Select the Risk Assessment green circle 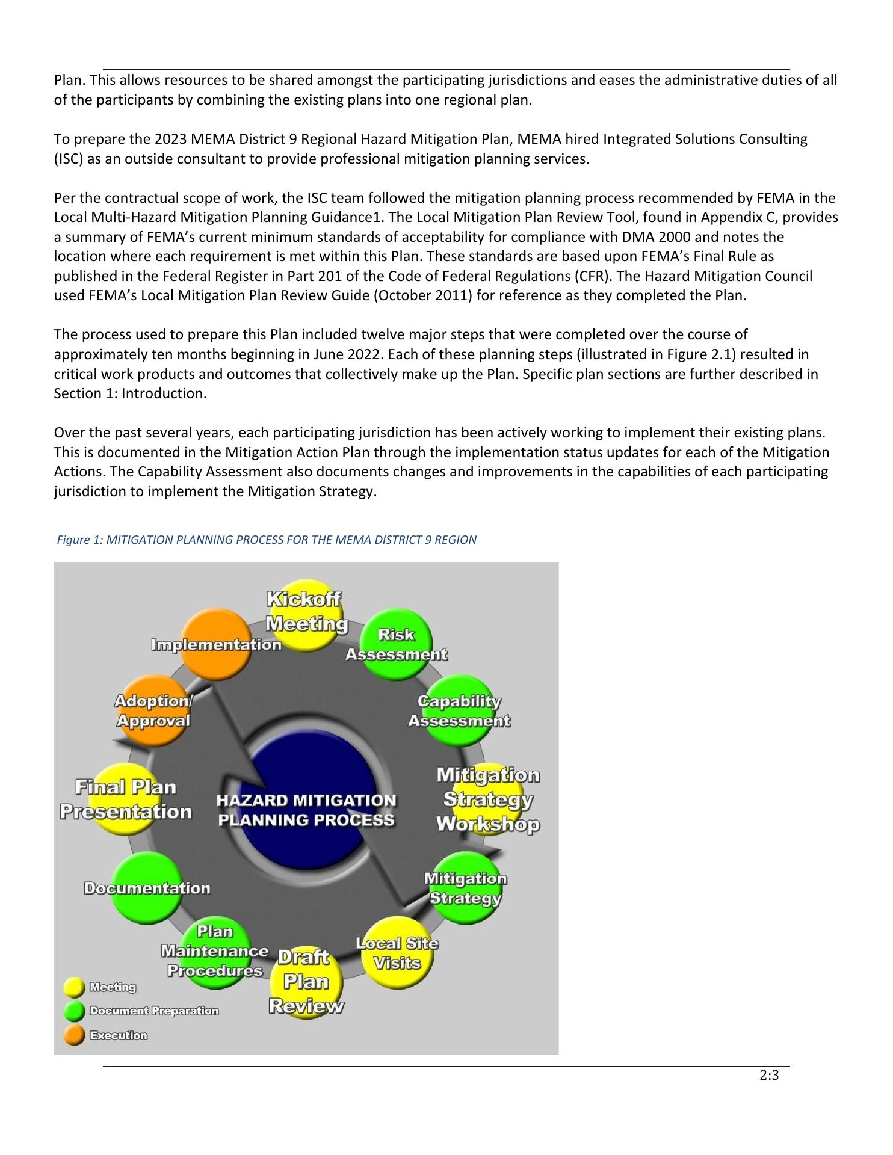pos(396,644)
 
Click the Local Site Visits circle pos(397,953)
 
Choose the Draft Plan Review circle pos(306,982)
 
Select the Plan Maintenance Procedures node pos(215,952)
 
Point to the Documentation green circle pos(146,889)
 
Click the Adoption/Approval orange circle pos(152,710)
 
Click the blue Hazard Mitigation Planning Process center pos(306,810)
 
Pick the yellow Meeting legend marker pos(75,987)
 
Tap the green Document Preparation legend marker pos(75,1011)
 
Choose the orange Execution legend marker pos(75,1035)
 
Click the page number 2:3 pos(769,1076)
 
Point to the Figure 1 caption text pos(267,540)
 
